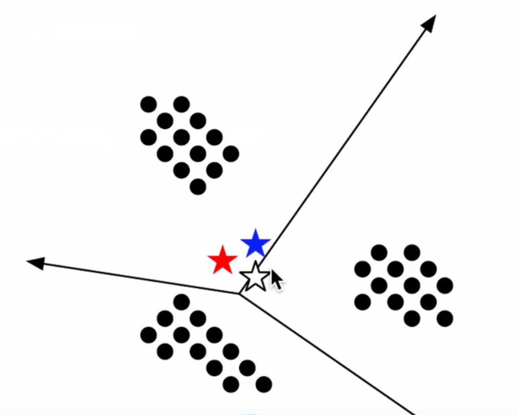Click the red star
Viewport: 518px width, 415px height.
pyautogui.click(x=222, y=260)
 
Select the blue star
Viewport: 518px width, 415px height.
pyautogui.click(x=255, y=244)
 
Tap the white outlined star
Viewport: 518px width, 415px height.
pyautogui.click(x=255, y=277)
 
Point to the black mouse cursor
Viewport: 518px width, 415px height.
pyautogui.click(x=277, y=280)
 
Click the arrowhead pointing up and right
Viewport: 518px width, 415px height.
pyautogui.click(x=429, y=23)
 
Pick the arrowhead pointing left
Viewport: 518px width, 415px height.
pyautogui.click(x=35, y=263)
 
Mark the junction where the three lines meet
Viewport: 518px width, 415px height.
pyautogui.click(x=239, y=294)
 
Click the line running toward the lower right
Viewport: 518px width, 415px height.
pyautogui.click(x=329, y=355)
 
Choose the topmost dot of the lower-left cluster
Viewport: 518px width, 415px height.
pyautogui.click(x=181, y=302)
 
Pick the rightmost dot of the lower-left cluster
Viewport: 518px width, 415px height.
pyautogui.click(x=263, y=384)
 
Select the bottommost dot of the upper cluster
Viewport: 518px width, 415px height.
pyautogui.click(x=198, y=186)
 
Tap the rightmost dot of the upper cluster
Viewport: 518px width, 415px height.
pyautogui.click(x=231, y=154)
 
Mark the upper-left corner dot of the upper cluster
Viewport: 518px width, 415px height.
pyautogui.click(x=148, y=104)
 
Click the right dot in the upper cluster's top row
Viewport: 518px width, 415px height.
pyautogui.click(x=181, y=104)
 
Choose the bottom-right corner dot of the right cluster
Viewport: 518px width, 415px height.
pyautogui.click(x=445, y=318)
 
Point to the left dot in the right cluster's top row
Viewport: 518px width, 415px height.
pyautogui.click(x=379, y=253)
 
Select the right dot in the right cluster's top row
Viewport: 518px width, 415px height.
pyautogui.click(x=412, y=253)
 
